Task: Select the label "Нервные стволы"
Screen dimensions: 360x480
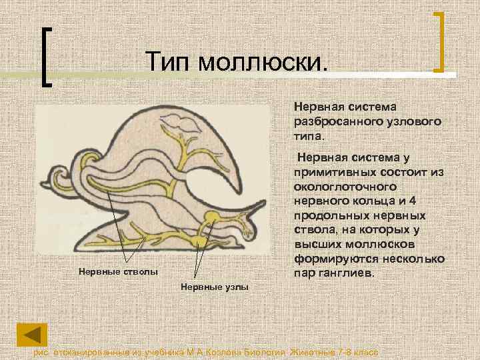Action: point(119,271)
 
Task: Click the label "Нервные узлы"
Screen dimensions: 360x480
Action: point(214,287)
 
